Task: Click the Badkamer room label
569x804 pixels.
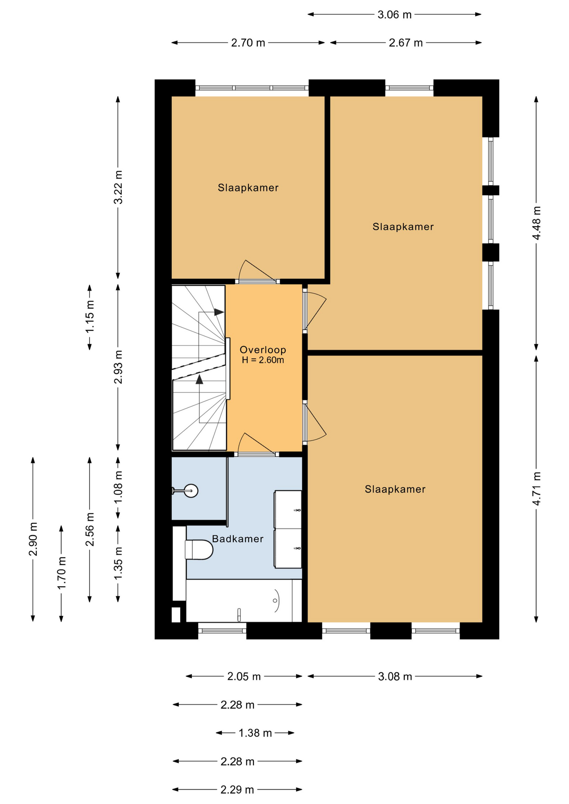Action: pyautogui.click(x=238, y=539)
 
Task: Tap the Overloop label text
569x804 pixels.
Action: pyautogui.click(x=263, y=350)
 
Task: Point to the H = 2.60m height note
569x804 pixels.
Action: pyautogui.click(x=263, y=360)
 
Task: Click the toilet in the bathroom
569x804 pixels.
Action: pyautogui.click(x=199, y=549)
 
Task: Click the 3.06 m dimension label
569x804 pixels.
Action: pyautogui.click(x=394, y=15)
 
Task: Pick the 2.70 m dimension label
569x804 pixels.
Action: pyautogui.click(x=248, y=43)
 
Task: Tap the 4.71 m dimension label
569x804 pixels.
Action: pyautogui.click(x=537, y=488)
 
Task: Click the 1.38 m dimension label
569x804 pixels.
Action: pyautogui.click(x=255, y=733)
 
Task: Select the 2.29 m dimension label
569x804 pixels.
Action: pyautogui.click(x=237, y=789)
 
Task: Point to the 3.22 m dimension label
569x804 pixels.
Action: pyautogui.click(x=119, y=187)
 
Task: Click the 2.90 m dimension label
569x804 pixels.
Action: pyautogui.click(x=33, y=539)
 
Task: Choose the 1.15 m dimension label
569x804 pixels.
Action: pyautogui.click(x=90, y=317)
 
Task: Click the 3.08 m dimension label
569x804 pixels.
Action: pyautogui.click(x=395, y=676)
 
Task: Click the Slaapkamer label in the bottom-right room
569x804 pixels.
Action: pyautogui.click(x=395, y=489)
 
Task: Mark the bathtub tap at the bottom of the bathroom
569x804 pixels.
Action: pyautogui.click(x=239, y=614)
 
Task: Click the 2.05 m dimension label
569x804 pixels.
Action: pyautogui.click(x=244, y=676)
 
